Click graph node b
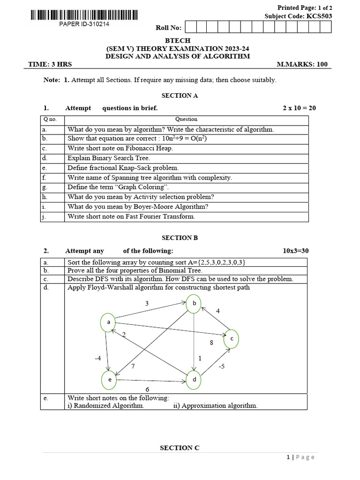click(x=194, y=304)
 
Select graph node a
click(x=108, y=322)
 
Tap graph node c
click(x=231, y=338)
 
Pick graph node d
click(x=194, y=379)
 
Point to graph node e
click(x=110, y=380)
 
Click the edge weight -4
click(x=97, y=358)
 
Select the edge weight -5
click(x=222, y=366)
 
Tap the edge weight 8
click(x=211, y=343)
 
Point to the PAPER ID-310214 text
click(x=84, y=24)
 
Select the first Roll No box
click(x=191, y=27)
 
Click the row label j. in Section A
click(x=45, y=217)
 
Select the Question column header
click(x=186, y=119)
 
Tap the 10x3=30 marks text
click(x=296, y=251)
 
